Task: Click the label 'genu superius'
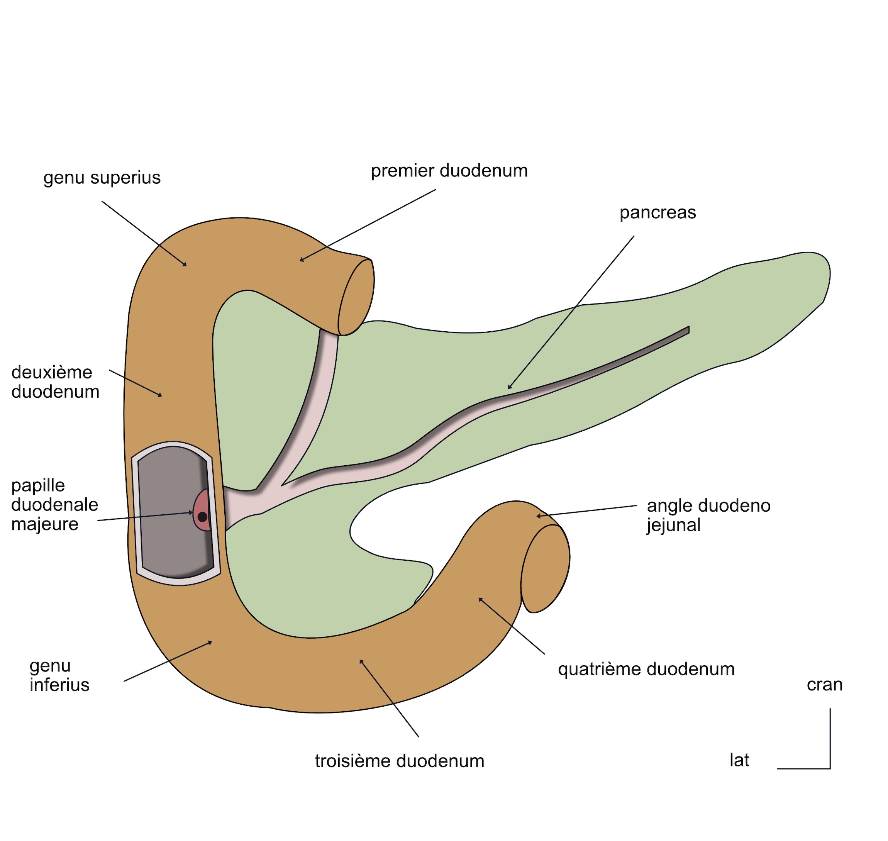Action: pos(102,178)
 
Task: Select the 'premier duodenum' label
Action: pos(449,171)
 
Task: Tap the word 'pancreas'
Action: pos(657,212)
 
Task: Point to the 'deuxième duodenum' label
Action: pos(55,382)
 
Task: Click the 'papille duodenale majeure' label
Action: pos(54,504)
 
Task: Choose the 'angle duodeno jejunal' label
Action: pos(708,515)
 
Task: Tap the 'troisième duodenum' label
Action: pos(399,761)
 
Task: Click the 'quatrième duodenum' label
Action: pos(646,669)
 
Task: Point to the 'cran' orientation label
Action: pos(824,685)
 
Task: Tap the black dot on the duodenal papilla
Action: pos(202,517)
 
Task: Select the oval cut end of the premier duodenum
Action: pos(356,297)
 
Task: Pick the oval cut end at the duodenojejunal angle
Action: pos(545,568)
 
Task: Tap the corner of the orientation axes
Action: pos(830,768)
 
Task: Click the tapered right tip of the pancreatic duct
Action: pos(688,330)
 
